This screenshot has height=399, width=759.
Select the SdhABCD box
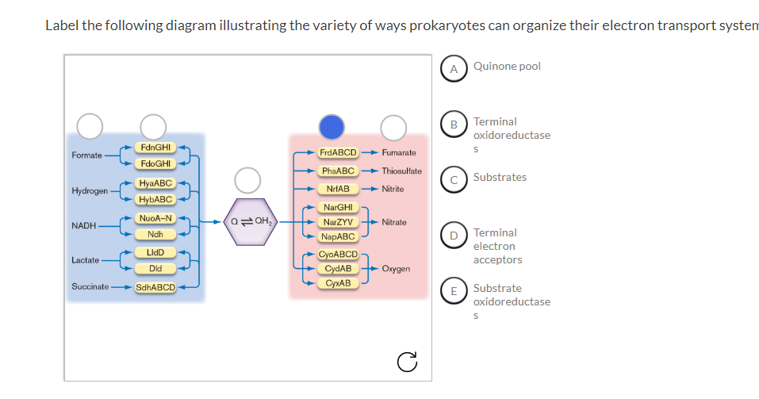155,286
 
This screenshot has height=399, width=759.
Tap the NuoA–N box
155,218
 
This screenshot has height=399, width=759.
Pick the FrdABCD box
339,152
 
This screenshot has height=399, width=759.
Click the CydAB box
339,269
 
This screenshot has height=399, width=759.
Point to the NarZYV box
339,222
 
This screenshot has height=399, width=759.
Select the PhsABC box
339,171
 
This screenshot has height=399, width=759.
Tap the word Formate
86,155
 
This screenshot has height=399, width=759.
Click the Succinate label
90,286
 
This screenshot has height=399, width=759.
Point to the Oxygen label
396,269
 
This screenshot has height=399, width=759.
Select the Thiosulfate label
401,171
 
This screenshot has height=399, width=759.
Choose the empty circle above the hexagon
247,179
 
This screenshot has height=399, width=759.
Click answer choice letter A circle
454,69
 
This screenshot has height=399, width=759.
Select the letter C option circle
454,179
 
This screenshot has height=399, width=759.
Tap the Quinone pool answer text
507,67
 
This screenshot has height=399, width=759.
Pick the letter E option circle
454,290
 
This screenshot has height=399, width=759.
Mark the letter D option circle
454,235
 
